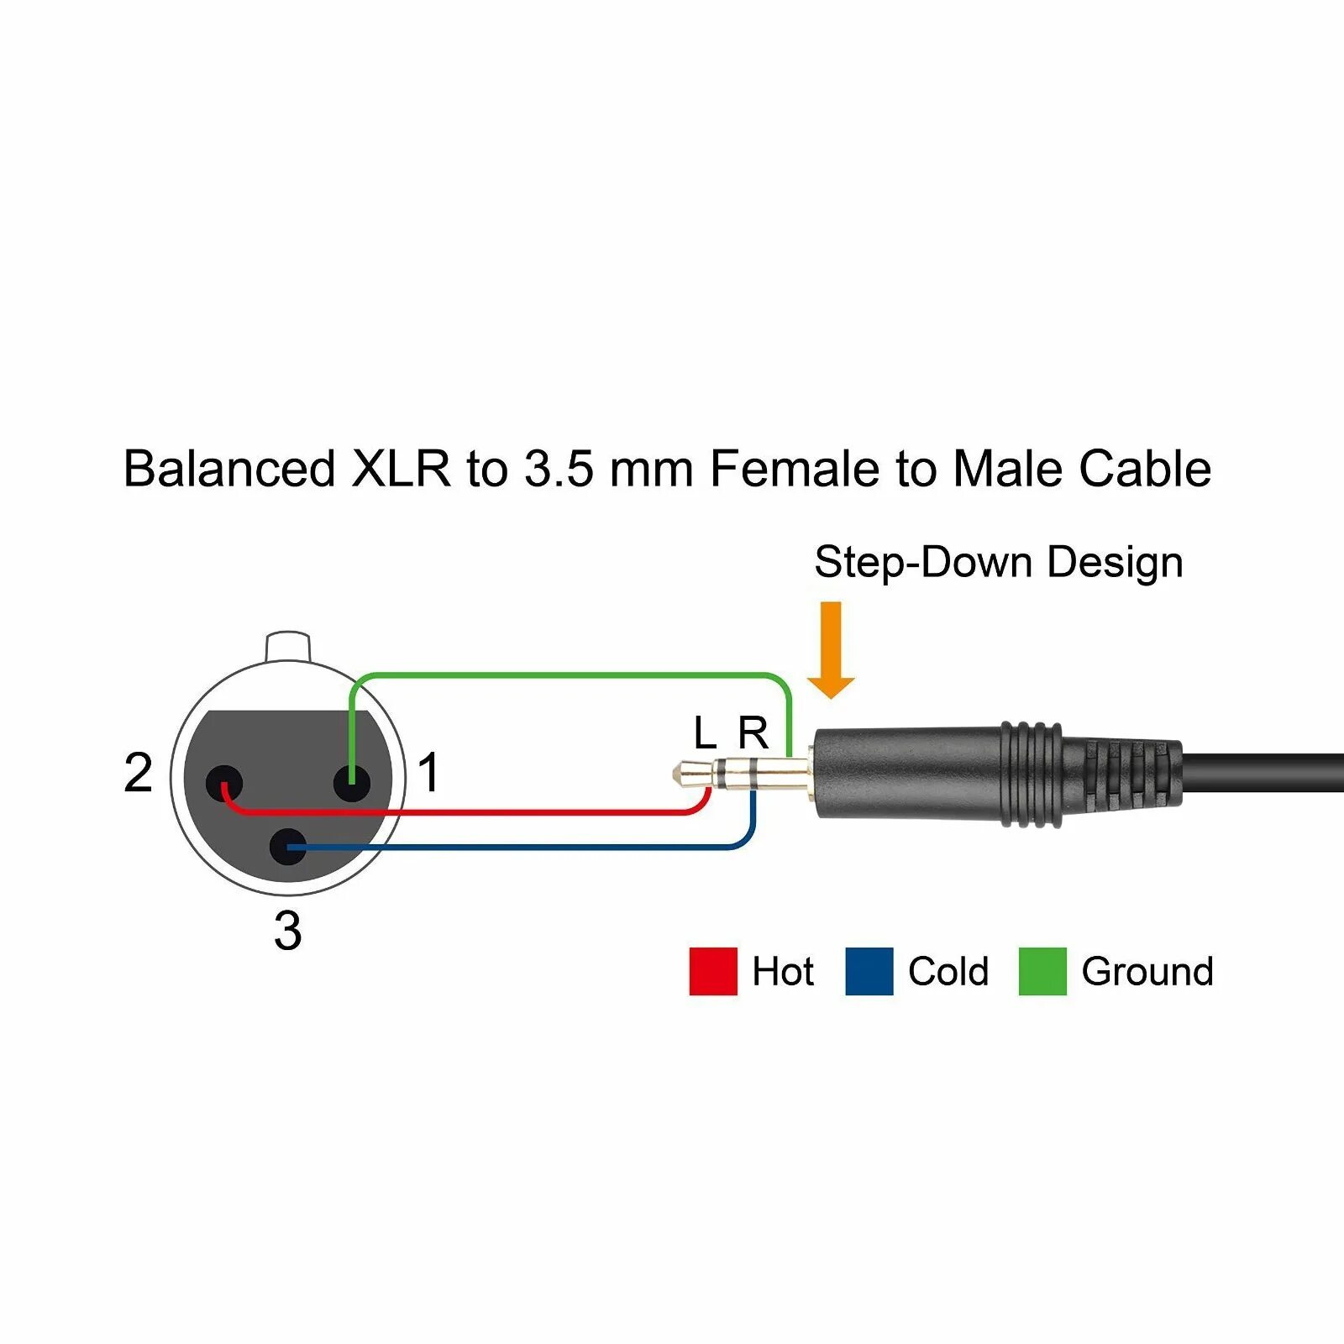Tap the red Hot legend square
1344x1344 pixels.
713,971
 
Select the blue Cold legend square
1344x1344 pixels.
869,971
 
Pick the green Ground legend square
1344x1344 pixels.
1042,971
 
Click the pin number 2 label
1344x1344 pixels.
139,772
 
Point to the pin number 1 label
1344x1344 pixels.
428,772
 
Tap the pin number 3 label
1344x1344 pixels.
287,931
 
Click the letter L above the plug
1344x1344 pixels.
705,733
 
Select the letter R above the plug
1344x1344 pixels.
753,733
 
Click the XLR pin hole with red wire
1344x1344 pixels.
224,784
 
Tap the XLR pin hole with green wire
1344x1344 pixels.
351,784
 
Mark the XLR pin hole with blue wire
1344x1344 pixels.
288,847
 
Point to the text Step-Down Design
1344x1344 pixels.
998,561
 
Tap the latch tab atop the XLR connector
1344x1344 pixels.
288,646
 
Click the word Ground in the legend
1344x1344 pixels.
1147,971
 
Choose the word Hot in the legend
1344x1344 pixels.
783,971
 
